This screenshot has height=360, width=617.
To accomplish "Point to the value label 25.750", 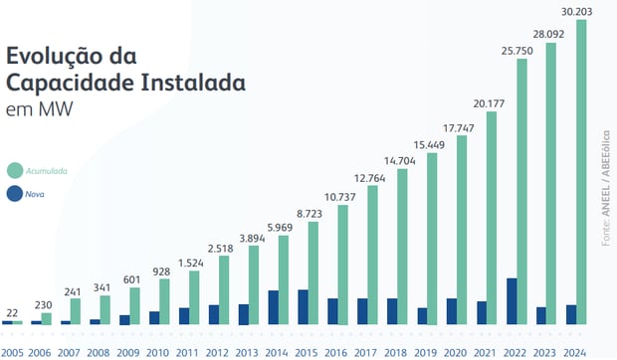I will click(514, 50).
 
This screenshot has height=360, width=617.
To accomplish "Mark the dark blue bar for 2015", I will click(303, 307).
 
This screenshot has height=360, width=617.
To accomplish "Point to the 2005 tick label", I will click(13, 352).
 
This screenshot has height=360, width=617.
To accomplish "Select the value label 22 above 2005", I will click(12, 312).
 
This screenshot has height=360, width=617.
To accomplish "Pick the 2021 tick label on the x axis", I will click(487, 352).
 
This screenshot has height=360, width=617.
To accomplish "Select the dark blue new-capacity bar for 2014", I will click(273, 307).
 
